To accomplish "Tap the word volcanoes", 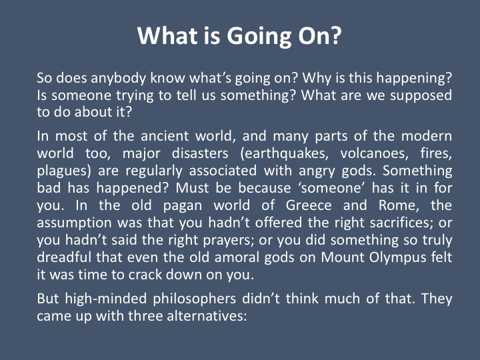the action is [x=375, y=153].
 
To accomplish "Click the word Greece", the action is [x=309, y=205].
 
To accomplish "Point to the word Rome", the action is [x=399, y=205].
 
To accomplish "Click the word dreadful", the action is [x=64, y=257].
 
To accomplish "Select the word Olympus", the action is [x=397, y=258].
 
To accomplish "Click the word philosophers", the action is [x=195, y=299].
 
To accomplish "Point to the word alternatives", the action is [x=207, y=316].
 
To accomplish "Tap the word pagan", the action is [x=183, y=206].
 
